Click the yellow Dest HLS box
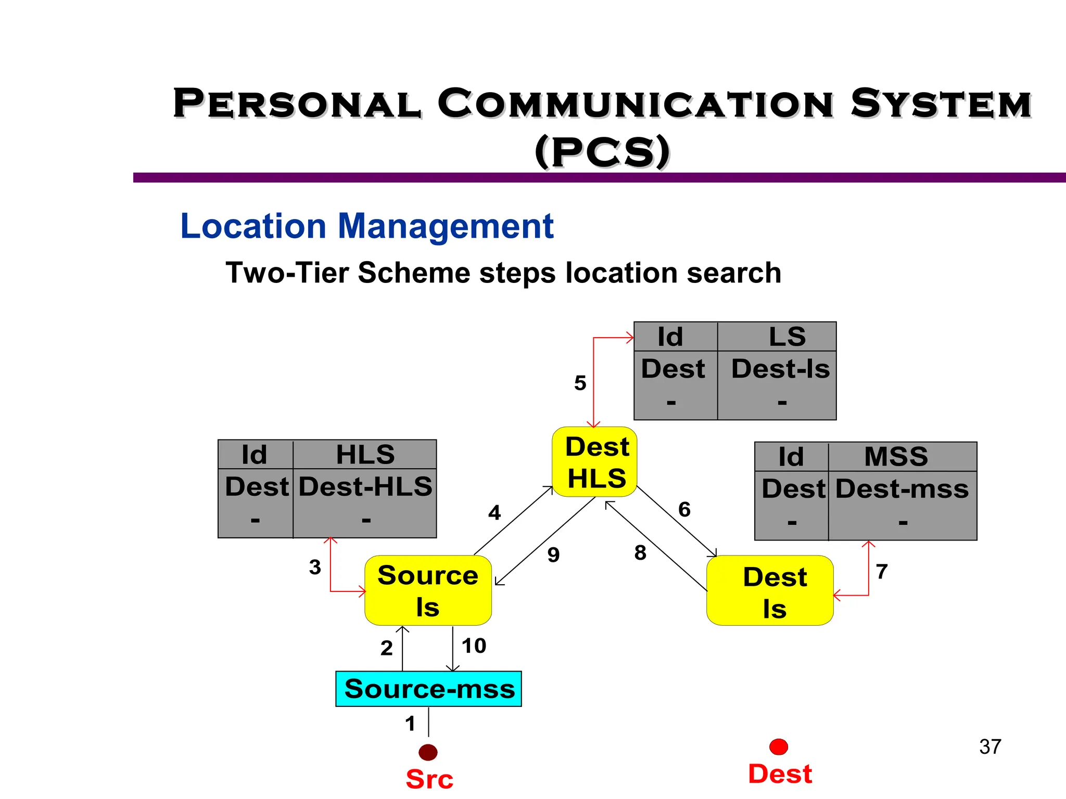click(595, 462)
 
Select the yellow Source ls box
click(428, 590)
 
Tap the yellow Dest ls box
click(770, 591)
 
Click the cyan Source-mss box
click(428, 689)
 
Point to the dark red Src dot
click(428, 752)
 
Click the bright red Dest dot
click(778, 747)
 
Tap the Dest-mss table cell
click(902, 489)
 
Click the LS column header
click(787, 337)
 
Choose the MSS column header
click(896, 457)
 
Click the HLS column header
click(365, 455)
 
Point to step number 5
click(580, 383)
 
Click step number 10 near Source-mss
click(474, 646)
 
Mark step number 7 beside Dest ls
click(881, 572)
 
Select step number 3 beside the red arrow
click(314, 567)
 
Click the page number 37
click(989, 747)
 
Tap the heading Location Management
click(366, 226)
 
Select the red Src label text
click(429, 779)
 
